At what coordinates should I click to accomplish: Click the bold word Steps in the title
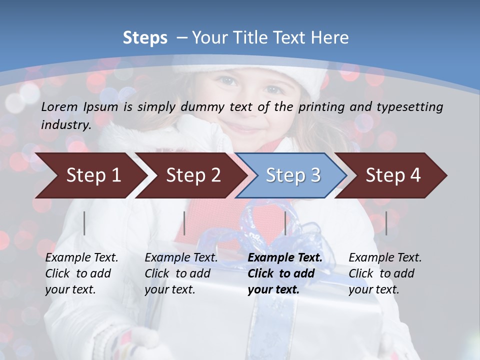click(x=145, y=37)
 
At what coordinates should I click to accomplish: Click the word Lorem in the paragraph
click(x=59, y=106)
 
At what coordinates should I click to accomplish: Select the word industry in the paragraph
click(x=66, y=125)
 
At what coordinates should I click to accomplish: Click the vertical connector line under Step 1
click(x=84, y=223)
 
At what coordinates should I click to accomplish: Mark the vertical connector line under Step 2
click(x=184, y=223)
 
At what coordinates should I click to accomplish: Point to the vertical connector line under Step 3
click(x=285, y=223)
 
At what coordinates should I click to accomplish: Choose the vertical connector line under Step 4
click(x=386, y=223)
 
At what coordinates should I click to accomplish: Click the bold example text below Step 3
click(x=285, y=273)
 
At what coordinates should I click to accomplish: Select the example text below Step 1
click(x=81, y=273)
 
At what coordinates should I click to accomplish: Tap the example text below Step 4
click(x=385, y=273)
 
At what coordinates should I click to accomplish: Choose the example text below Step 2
click(x=181, y=273)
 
